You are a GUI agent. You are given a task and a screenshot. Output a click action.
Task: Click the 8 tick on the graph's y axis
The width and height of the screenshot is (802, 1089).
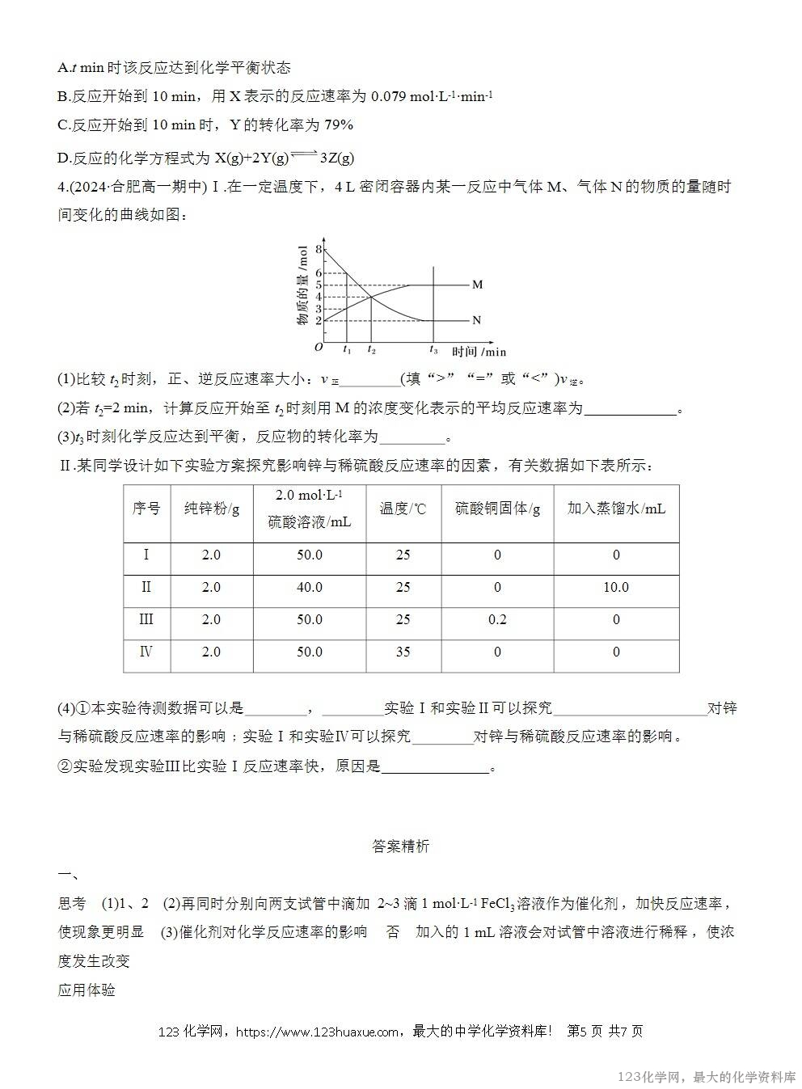pos(319,249)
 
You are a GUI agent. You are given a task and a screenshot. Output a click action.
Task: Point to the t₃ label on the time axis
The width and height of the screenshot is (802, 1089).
pos(433,350)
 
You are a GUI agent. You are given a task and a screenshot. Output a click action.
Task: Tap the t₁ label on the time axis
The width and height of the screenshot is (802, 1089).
pos(347,350)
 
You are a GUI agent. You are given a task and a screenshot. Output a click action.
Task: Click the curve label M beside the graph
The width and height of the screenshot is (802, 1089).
pos(477,285)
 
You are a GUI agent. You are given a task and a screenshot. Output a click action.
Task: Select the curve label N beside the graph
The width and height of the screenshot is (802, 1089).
pos(476,320)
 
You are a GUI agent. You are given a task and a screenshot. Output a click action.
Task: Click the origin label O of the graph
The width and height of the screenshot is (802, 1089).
pos(319,348)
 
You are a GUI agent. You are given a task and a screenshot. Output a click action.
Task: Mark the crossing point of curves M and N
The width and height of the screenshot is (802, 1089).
pos(371,297)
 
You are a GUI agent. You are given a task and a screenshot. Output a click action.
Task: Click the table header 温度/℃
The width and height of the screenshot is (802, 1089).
pos(403,509)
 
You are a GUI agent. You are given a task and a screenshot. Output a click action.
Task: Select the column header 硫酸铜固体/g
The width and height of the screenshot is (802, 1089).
pos(497,509)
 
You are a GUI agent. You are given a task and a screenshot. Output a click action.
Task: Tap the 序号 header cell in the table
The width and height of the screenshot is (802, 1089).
pos(146,509)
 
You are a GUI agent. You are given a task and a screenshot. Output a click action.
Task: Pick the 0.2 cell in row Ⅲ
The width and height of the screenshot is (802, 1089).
pos(497,619)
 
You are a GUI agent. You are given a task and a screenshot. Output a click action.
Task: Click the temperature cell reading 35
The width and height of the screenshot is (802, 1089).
pos(403,652)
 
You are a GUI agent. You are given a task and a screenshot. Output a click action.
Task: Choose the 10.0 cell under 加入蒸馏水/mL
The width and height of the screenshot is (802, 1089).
pos(616,587)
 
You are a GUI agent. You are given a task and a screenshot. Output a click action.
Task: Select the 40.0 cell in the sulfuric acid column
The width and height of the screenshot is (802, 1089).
pos(309,587)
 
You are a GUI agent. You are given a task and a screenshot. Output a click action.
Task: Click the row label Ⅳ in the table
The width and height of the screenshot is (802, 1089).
pos(146,652)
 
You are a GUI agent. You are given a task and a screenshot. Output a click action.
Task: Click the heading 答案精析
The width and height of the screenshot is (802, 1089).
pos(401,846)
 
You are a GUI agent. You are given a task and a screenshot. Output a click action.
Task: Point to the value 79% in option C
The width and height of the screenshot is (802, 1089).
pos(339,125)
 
